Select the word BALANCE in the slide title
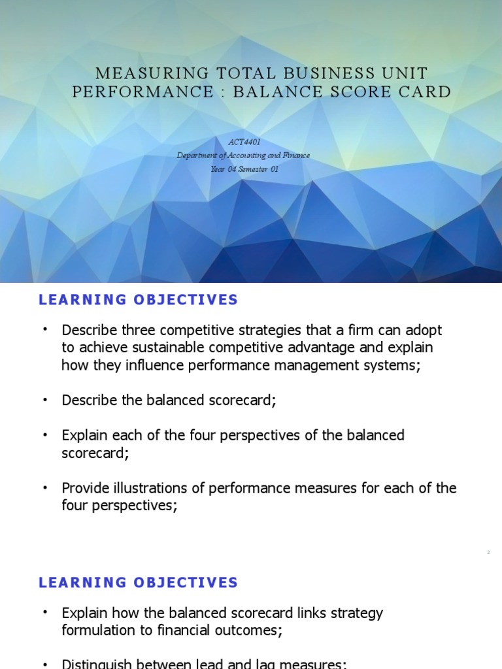pos(274,92)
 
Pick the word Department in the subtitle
pos(197,155)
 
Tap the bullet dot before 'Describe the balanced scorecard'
pos(45,400)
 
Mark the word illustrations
pos(158,488)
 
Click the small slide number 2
pos(488,553)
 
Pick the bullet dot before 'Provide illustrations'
pos(45,488)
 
